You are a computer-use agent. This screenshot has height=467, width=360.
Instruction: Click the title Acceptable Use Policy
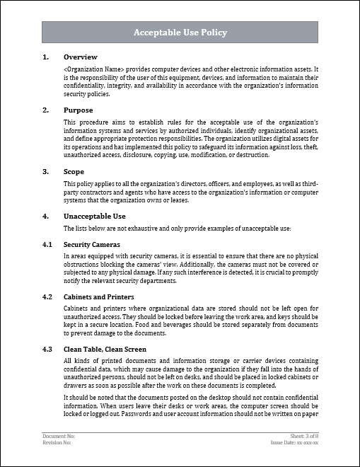180,33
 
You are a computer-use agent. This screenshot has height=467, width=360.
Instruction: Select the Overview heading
81,57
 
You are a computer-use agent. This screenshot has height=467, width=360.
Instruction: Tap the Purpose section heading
79,110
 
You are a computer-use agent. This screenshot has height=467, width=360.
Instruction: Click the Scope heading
74,171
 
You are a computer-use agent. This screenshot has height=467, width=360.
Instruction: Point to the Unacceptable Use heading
95,216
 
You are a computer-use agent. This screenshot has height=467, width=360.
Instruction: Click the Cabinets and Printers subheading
99,296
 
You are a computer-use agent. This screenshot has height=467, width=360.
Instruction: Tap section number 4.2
47,296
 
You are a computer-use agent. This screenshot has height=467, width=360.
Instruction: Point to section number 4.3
47,350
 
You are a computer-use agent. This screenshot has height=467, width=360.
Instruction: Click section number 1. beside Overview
46,57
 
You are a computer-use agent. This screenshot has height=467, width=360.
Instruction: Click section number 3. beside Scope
46,171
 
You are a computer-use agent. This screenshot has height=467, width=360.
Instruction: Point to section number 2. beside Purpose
46,110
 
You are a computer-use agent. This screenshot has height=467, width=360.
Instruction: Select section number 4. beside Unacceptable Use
46,216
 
